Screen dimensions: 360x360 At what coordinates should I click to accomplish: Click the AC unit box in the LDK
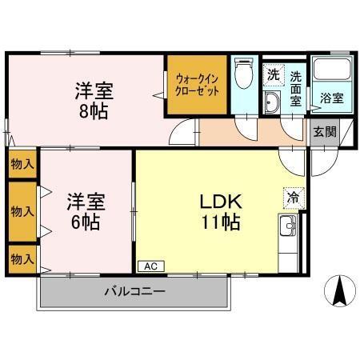151,266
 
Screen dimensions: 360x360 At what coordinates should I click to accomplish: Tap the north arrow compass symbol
340,291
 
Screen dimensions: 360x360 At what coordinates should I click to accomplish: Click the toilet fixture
243,73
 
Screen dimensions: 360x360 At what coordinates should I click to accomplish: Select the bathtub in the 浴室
332,69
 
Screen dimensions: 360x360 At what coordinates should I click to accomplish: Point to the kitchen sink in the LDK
288,225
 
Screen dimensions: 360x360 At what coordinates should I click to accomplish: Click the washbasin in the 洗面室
271,102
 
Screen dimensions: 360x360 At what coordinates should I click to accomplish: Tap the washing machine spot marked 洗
273,75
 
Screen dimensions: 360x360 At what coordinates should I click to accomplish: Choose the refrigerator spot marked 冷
294,198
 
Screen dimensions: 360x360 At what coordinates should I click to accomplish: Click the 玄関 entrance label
325,132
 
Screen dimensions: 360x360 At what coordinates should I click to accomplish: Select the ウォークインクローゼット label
197,85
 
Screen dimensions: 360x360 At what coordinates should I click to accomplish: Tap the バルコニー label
135,291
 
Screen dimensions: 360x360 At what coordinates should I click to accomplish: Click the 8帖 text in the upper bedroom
94,111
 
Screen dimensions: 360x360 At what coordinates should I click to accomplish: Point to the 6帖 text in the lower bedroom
86,222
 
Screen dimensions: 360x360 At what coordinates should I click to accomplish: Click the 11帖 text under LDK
221,222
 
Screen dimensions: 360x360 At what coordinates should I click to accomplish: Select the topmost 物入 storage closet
22,164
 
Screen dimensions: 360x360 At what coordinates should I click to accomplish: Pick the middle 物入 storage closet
22,212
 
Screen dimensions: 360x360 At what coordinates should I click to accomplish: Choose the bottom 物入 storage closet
22,259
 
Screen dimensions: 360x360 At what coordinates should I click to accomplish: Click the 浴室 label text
332,98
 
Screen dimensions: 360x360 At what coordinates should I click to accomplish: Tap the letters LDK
221,202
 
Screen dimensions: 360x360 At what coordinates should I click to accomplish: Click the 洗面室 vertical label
296,89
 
